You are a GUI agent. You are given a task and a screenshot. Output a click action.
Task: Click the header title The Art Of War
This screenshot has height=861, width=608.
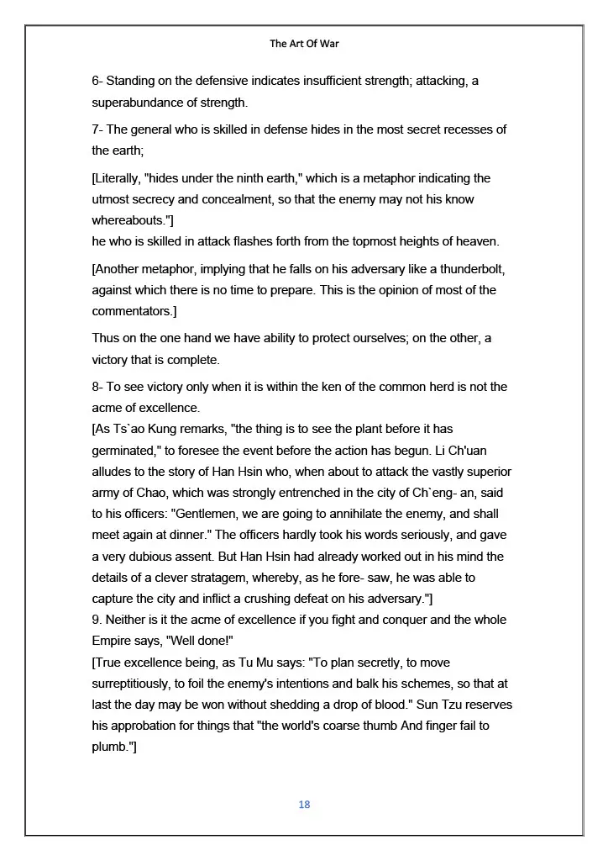pos(304,43)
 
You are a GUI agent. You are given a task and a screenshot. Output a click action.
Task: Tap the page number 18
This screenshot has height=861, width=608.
pos(304,805)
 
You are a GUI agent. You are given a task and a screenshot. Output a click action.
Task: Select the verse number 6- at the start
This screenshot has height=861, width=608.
pos(97,82)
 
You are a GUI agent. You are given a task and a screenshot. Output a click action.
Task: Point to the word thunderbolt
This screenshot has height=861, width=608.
pos(468,270)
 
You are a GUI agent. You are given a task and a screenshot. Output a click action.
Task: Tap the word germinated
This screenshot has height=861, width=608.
pos(125,450)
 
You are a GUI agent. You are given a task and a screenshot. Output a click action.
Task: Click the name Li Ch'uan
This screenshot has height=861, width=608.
pos(476,450)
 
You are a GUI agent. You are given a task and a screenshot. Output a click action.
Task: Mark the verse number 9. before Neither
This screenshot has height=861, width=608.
pos(97,620)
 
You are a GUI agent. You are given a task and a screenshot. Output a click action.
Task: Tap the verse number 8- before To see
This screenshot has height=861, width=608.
pos(97,387)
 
